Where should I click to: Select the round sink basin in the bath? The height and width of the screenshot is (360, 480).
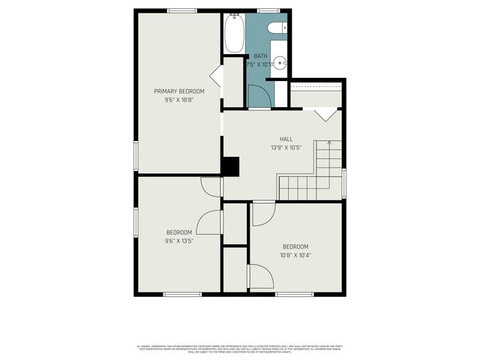pyautogui.click(x=279, y=64)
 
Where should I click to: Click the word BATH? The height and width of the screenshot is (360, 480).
pyautogui.click(x=260, y=56)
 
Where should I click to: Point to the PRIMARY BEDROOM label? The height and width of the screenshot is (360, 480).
pyautogui.click(x=179, y=91)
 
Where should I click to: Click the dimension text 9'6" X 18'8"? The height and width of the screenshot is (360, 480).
pyautogui.click(x=179, y=99)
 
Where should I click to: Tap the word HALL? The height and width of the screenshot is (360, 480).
pyautogui.click(x=286, y=139)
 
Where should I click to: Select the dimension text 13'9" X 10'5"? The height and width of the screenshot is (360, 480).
pyautogui.click(x=286, y=147)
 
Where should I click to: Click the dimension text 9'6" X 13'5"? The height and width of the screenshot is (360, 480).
pyautogui.click(x=178, y=241)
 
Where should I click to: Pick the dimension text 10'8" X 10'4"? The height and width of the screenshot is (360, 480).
pyautogui.click(x=295, y=255)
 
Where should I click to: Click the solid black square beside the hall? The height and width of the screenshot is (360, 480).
pyautogui.click(x=230, y=166)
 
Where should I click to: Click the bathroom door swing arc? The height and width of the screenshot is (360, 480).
pyautogui.click(x=258, y=96)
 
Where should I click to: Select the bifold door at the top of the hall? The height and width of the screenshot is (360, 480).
pyautogui.click(x=325, y=115)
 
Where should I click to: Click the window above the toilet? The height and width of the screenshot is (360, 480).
pyautogui.click(x=268, y=10)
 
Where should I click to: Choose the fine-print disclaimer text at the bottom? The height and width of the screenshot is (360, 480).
pyautogui.click(x=239, y=349)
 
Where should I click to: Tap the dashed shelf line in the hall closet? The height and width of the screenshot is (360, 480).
pyautogui.click(x=316, y=92)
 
